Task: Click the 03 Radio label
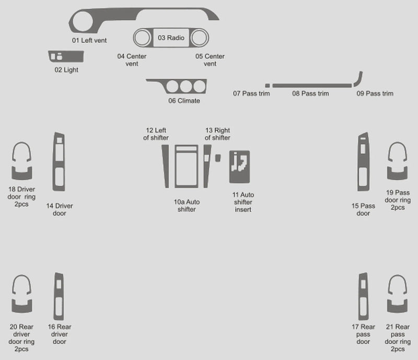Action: click(171, 38)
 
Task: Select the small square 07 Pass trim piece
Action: click(268, 86)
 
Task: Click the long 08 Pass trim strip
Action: click(312, 86)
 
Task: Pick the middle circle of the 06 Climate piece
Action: click(186, 86)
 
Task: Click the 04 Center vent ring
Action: click(142, 38)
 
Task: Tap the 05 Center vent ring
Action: click(200, 38)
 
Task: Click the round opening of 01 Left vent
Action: click(83, 21)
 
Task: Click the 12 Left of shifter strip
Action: click(166, 166)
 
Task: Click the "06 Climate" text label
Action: click(184, 101)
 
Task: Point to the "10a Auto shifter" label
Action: click(187, 205)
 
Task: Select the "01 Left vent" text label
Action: click(89, 40)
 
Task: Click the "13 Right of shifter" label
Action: click(217, 134)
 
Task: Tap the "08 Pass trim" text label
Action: click(310, 94)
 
